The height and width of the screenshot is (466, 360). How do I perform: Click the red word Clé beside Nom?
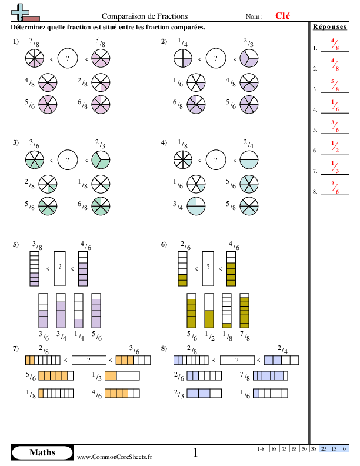pos(282,15)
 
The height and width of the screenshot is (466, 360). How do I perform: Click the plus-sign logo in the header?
pos(20,12)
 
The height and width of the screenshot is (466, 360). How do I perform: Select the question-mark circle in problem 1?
pos(68,58)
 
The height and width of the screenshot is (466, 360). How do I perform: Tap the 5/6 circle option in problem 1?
pos(48,105)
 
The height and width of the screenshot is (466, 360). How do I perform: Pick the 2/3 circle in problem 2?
pos(249,58)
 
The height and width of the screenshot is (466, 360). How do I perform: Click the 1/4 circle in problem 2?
pos(183,58)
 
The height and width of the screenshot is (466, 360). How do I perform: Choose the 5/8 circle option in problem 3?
pos(48,206)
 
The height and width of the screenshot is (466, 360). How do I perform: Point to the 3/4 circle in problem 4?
pos(196,206)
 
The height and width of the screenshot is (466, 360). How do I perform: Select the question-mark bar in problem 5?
pos(60,269)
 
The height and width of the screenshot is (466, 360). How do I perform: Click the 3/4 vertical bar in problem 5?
pos(61,311)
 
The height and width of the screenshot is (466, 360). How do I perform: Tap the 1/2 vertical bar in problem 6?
pos(209,311)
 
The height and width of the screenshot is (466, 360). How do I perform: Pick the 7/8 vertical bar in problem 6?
pos(245,311)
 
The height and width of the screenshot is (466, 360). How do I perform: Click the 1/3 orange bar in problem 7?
pos(122,375)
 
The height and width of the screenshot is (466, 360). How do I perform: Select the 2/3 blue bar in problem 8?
pos(204,393)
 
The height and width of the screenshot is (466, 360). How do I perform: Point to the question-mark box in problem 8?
pos(237,360)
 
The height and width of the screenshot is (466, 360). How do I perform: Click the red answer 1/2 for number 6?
pos(335,147)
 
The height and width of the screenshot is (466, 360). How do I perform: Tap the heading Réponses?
pos(329,26)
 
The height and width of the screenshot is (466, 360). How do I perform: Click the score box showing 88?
pos(274,449)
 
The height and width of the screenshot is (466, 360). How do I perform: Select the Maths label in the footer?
pos(42,452)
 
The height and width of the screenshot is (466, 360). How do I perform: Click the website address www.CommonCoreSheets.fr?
pos(115,457)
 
